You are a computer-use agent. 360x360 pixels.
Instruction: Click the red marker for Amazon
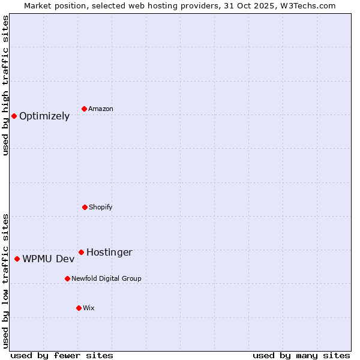tap(85, 109)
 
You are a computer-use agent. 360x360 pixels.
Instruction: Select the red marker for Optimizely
tap(14, 116)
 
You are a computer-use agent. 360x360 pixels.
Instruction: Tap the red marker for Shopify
tap(85, 207)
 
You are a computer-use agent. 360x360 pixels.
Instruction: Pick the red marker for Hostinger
tap(81, 252)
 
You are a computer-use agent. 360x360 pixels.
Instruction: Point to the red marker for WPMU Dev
tap(17, 259)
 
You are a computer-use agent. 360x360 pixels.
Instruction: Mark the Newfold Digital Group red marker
tap(67, 278)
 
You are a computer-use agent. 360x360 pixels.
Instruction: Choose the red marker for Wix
tap(79, 308)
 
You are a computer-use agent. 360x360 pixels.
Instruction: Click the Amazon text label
tap(101, 109)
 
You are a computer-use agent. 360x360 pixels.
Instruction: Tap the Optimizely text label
tap(44, 116)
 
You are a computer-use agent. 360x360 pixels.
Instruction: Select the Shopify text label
tap(101, 207)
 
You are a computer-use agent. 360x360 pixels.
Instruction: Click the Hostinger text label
tap(109, 253)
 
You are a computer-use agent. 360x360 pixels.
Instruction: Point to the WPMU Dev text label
tap(49, 259)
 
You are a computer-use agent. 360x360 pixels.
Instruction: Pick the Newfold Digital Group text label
tap(106, 278)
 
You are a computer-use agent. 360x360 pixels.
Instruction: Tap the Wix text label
tap(89, 308)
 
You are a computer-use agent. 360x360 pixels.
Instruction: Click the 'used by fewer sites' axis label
tap(62, 355)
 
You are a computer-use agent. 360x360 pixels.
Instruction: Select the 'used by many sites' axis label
tap(301, 355)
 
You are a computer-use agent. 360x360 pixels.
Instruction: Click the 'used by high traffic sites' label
tap(5, 86)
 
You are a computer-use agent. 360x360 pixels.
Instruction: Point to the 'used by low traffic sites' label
tap(5, 281)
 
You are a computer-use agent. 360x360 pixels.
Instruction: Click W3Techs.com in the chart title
tap(305, 5)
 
